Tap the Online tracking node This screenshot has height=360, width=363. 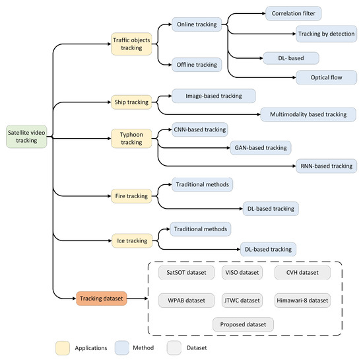coord(196,25)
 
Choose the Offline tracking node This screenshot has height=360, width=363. coord(196,65)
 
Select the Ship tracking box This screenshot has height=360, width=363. coord(131,102)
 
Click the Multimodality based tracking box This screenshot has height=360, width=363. coord(308,114)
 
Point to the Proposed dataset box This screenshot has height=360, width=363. coord(243,324)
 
